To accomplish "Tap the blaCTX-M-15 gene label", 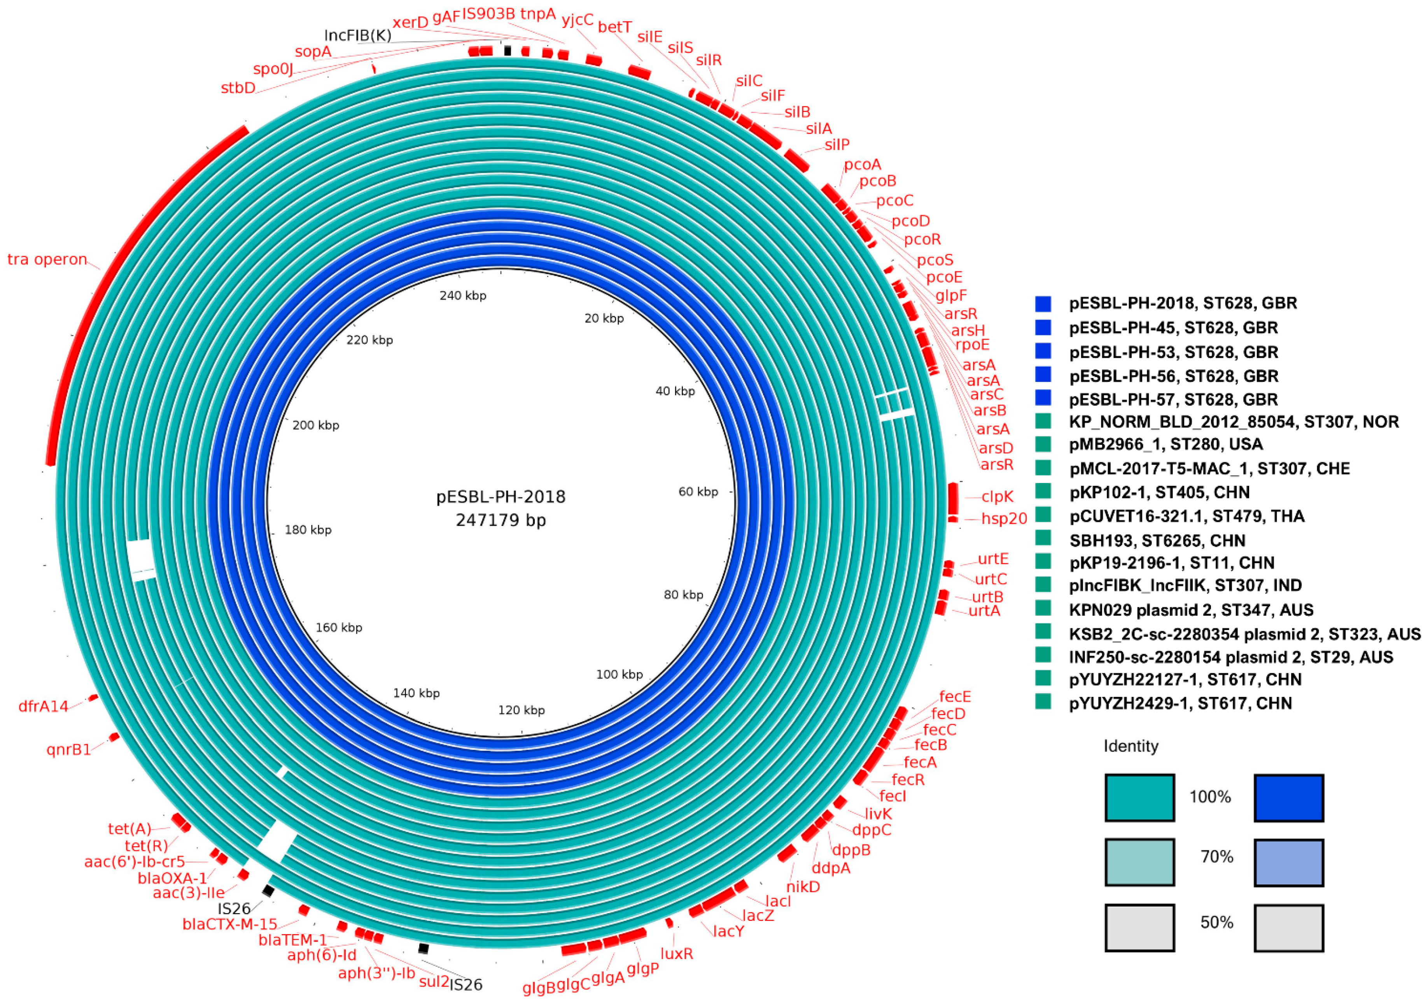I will tap(229, 924).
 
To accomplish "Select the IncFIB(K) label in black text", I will tap(358, 35).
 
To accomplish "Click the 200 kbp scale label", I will tap(315, 425).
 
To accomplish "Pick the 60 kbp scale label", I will tap(698, 492).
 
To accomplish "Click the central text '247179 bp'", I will tap(500, 520).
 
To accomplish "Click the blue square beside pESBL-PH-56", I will tap(1043, 375).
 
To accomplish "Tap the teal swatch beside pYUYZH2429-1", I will tap(1043, 702).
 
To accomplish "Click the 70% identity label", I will tap(1216, 857).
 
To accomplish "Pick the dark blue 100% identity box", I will tap(1289, 798).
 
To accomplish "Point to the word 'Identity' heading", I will tap(1131, 746).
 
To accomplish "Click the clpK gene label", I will tap(997, 497).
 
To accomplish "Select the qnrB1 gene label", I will tap(68, 749).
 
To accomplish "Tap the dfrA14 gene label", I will tap(43, 706).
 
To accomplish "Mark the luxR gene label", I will tap(676, 953).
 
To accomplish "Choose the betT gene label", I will tap(614, 27).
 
